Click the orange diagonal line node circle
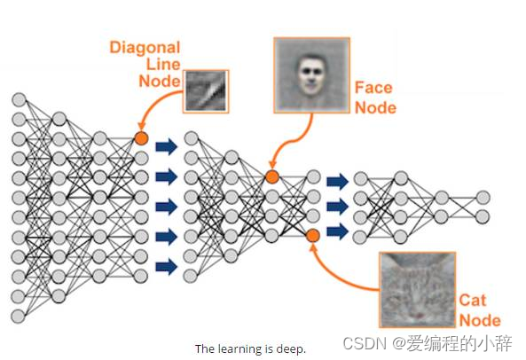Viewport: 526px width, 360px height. (x=141, y=138)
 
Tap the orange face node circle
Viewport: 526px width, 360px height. (x=272, y=176)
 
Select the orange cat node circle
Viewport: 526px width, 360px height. (x=312, y=236)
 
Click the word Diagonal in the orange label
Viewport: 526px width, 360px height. (x=145, y=48)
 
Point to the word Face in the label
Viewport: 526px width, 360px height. (x=373, y=88)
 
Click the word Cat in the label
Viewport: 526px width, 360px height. (x=472, y=300)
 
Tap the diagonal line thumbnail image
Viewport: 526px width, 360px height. (x=206, y=91)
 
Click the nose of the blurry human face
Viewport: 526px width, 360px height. (x=311, y=80)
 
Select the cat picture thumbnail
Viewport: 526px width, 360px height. (x=417, y=290)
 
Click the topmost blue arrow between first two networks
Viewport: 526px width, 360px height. (x=166, y=146)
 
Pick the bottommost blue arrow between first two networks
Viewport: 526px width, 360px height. (x=166, y=267)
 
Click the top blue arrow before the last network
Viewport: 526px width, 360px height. (x=337, y=182)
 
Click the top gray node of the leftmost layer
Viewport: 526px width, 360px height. (x=19, y=100)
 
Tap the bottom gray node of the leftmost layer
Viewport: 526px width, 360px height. (x=18, y=316)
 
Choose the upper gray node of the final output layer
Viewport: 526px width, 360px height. (x=483, y=198)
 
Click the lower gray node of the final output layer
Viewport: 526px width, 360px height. (x=483, y=217)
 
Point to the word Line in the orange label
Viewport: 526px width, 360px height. (x=163, y=65)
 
